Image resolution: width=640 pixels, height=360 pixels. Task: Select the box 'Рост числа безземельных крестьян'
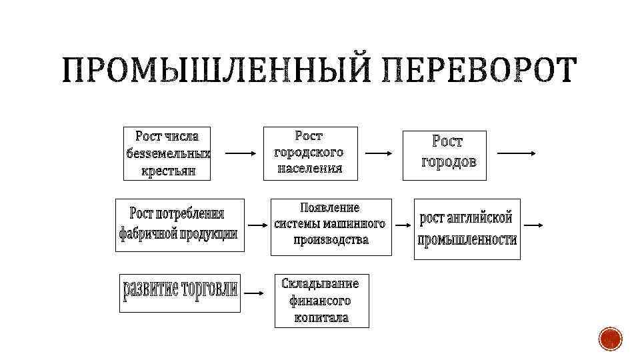point(167,153)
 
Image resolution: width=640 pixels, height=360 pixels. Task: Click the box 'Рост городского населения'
point(310,153)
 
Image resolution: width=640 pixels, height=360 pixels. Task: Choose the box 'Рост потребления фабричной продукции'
point(180,224)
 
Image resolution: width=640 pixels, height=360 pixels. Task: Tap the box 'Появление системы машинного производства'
point(329,227)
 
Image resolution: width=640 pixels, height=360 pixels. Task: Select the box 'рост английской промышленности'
point(467,229)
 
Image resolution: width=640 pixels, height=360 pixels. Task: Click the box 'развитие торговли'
point(180,292)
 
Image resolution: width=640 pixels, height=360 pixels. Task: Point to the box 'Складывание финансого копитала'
point(321,301)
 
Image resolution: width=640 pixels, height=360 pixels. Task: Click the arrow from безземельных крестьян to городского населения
point(241,153)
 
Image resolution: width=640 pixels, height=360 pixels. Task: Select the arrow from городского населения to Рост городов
point(380,153)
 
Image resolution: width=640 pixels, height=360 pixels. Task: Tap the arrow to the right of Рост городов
point(518,153)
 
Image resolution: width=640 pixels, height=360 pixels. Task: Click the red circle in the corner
point(610,339)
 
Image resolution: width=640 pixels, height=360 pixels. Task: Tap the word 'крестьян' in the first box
point(168,171)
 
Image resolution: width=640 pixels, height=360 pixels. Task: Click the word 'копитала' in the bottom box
point(321,317)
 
